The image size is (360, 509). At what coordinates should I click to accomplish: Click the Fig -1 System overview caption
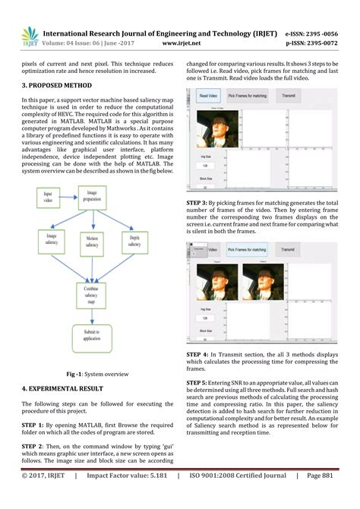click(x=95, y=374)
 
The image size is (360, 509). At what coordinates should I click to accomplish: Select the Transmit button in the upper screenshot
click(x=288, y=97)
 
